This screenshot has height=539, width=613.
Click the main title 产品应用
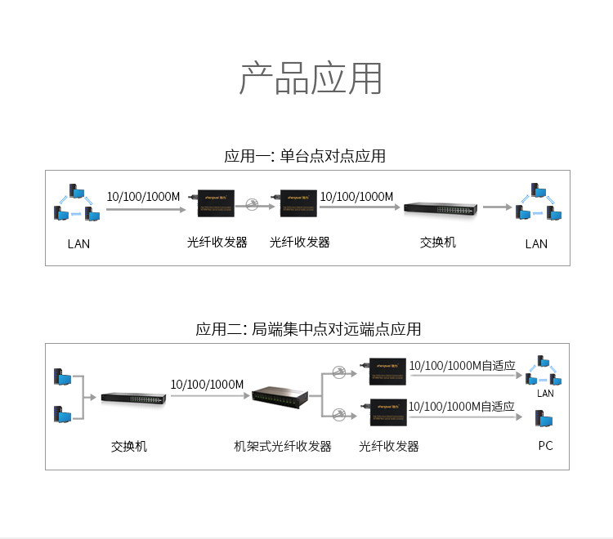311,78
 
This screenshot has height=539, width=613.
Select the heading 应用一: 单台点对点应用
304,156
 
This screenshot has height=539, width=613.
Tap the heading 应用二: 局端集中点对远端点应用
308,329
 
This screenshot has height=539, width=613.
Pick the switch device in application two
134,398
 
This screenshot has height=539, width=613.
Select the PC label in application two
545,446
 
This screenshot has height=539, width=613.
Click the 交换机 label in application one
438,243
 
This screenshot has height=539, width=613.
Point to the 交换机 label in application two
129,446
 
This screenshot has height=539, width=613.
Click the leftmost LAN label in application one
78,243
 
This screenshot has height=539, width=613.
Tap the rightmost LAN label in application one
536,243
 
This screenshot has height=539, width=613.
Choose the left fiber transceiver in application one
217,203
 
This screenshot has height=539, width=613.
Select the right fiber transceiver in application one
299,203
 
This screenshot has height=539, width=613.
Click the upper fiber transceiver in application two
389,370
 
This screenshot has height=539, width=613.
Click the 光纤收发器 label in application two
389,446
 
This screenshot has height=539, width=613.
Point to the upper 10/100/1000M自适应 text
462,365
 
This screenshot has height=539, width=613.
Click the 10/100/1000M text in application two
207,384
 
